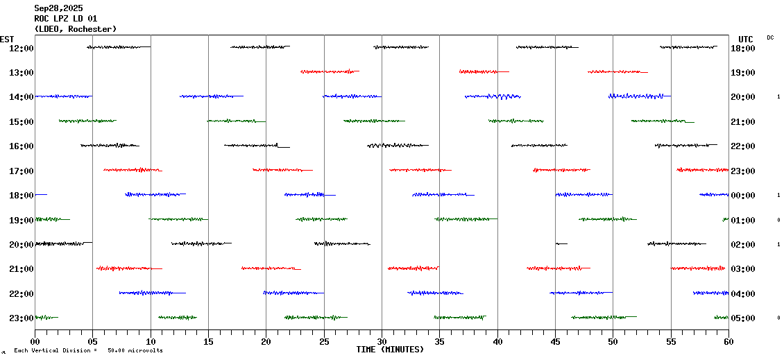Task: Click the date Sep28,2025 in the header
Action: [x=58, y=8]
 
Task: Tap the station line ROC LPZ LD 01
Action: [x=66, y=19]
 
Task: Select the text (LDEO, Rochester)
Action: [x=75, y=29]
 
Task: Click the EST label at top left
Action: [x=7, y=39]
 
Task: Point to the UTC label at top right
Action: [x=745, y=39]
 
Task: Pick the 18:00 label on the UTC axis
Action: [x=743, y=48]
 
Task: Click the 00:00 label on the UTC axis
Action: [x=743, y=195]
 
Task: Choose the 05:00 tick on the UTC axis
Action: [x=743, y=318]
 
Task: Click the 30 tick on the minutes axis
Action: [x=382, y=342]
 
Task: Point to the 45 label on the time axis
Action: [x=555, y=342]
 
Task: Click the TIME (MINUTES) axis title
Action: [x=390, y=350]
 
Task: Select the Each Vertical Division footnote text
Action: [x=87, y=350]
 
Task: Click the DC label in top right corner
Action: [x=770, y=37]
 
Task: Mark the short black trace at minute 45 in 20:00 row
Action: [x=561, y=243]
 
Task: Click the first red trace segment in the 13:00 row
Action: [x=330, y=71]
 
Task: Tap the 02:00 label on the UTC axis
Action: [x=743, y=244]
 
